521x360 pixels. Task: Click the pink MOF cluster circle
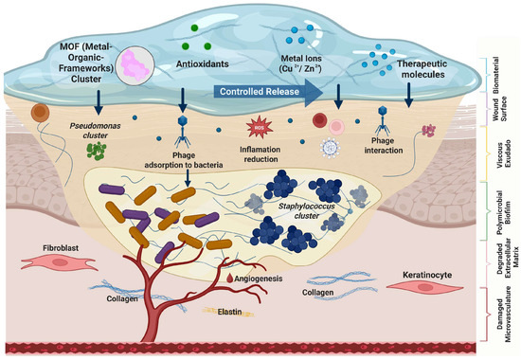coord(136,65)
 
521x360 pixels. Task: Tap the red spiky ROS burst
coord(260,127)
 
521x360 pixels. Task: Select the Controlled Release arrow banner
coord(268,91)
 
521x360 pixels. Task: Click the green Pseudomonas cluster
coord(97,151)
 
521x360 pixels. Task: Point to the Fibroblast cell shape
coord(60,262)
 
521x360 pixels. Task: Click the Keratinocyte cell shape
coord(425,287)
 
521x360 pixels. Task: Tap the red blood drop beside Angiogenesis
coord(229,278)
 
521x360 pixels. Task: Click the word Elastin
coord(229,312)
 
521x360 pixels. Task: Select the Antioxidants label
coord(203,63)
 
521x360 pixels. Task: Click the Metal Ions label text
coord(301,63)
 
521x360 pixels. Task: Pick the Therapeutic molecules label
coord(422,69)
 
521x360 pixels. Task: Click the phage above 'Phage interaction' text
coord(383,120)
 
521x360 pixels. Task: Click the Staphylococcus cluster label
coord(306,211)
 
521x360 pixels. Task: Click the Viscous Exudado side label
coord(504,153)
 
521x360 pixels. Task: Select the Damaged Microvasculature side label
coord(503,315)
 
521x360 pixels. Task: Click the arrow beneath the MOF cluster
coord(98,102)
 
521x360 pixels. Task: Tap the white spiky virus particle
coord(330,148)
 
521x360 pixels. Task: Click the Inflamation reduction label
coord(260,154)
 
